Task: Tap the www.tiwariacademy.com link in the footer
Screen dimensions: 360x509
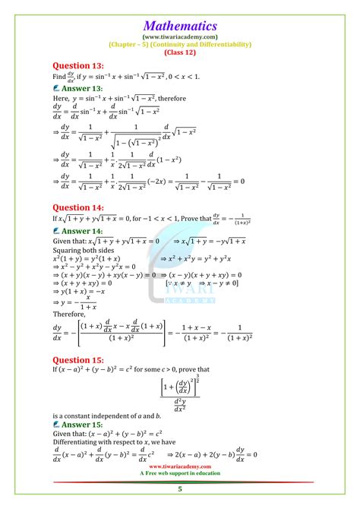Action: [x=180, y=466]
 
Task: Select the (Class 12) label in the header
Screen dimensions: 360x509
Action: [x=180, y=52]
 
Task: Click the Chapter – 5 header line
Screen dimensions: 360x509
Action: [x=180, y=43]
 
